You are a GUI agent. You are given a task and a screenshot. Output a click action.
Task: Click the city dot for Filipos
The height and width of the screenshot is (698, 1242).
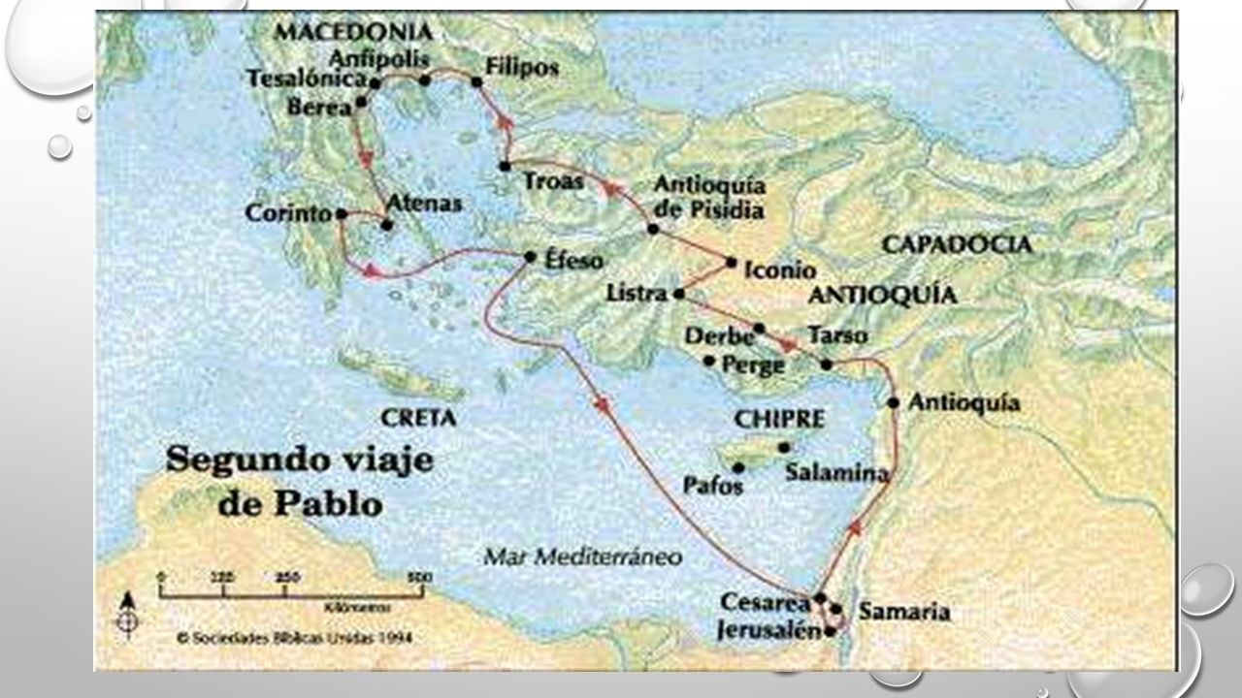point(476,81)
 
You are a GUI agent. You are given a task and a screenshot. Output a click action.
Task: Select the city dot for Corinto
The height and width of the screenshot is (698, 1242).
point(341,214)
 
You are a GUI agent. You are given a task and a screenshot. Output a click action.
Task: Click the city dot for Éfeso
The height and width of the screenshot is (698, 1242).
point(530,257)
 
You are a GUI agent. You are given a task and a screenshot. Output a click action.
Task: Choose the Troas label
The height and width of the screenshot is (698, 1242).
point(554,180)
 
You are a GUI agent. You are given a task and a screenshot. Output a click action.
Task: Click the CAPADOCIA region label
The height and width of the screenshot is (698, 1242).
point(956,244)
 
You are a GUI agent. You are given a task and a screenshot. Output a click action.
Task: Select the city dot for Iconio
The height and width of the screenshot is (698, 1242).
point(732,262)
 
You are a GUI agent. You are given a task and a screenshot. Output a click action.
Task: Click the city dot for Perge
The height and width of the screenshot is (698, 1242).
point(709,362)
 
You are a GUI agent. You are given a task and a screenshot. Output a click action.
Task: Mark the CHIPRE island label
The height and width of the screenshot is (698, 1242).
point(779,419)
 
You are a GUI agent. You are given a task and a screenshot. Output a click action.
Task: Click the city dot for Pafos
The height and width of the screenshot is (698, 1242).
point(738,467)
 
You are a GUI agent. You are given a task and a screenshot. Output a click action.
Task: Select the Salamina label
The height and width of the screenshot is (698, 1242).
point(837,473)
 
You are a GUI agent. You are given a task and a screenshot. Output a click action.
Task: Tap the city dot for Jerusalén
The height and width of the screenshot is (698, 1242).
point(830,632)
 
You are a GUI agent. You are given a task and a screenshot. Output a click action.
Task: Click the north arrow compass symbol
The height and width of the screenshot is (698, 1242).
point(127,613)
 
